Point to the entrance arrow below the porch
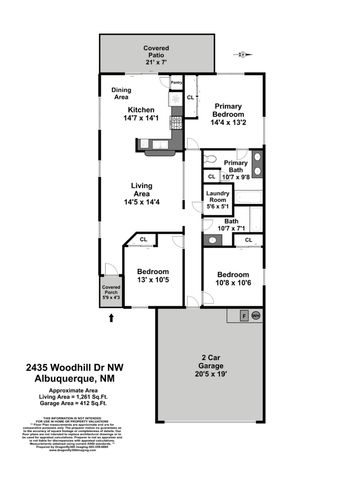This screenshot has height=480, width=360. click(x=111, y=317)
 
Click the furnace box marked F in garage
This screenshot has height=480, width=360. click(x=243, y=315)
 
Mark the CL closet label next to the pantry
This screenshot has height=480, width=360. click(x=190, y=97)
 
